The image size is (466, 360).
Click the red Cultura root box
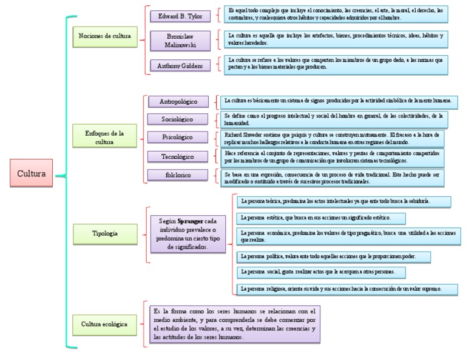pos(32,173)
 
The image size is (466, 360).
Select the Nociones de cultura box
pos(104,36)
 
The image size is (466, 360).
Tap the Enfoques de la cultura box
pos(104,138)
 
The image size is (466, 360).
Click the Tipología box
pos(104,233)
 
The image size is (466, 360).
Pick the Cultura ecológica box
pos(104,324)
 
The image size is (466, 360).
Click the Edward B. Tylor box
pos(180,15)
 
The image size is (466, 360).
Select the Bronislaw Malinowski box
pos(180,41)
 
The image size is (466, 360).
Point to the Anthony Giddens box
pos(180,65)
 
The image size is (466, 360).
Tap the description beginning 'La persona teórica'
pos(343,201)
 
